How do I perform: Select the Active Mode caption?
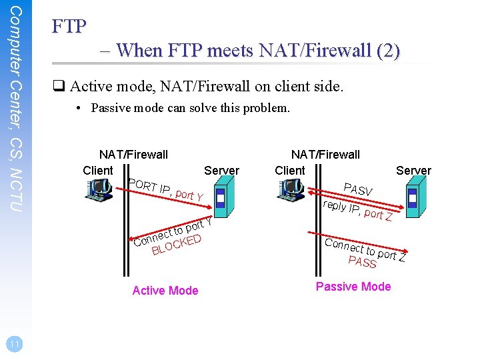click(x=165, y=290)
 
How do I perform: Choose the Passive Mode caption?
click(x=353, y=287)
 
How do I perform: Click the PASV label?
click(x=358, y=189)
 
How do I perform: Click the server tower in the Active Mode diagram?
click(x=220, y=199)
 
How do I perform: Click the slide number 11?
click(x=13, y=343)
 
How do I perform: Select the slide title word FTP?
click(x=69, y=27)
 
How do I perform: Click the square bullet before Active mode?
click(x=59, y=85)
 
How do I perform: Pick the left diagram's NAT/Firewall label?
click(x=133, y=155)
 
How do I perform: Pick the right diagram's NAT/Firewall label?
click(x=325, y=155)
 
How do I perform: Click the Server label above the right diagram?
click(x=413, y=171)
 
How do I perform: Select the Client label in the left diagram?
click(x=98, y=171)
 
